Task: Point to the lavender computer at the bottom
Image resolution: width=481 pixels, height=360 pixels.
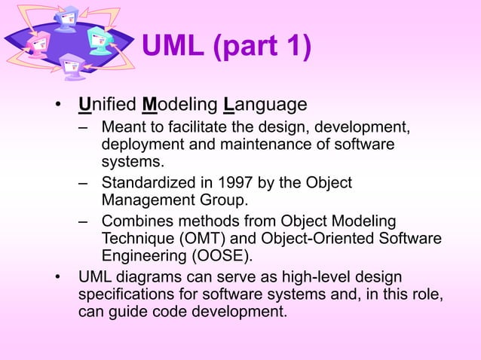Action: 72,67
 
